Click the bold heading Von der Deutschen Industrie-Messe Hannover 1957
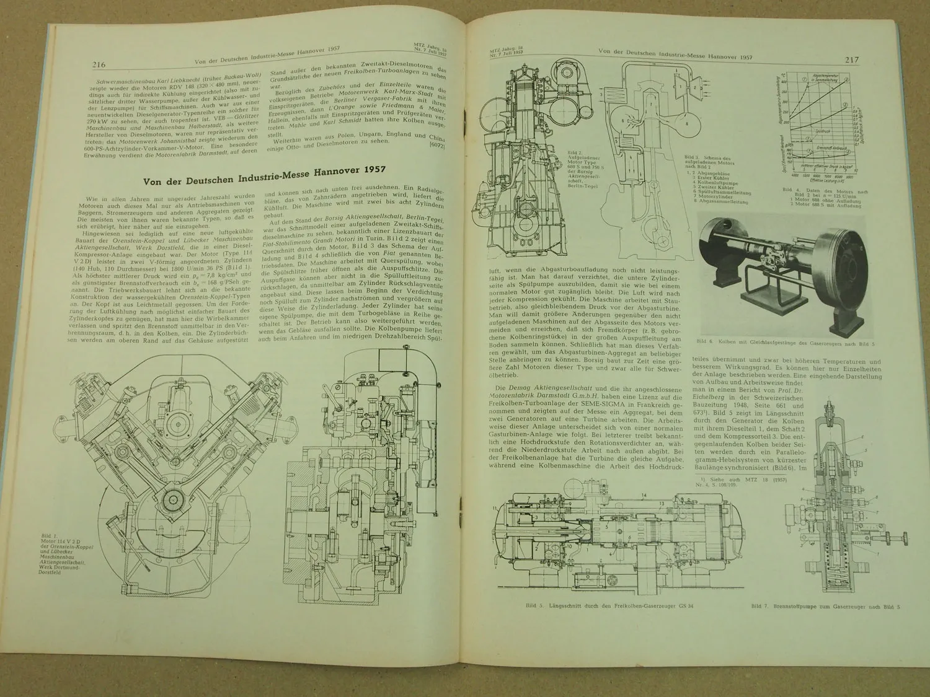click(x=265, y=182)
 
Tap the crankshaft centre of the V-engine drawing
click(x=172, y=462)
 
